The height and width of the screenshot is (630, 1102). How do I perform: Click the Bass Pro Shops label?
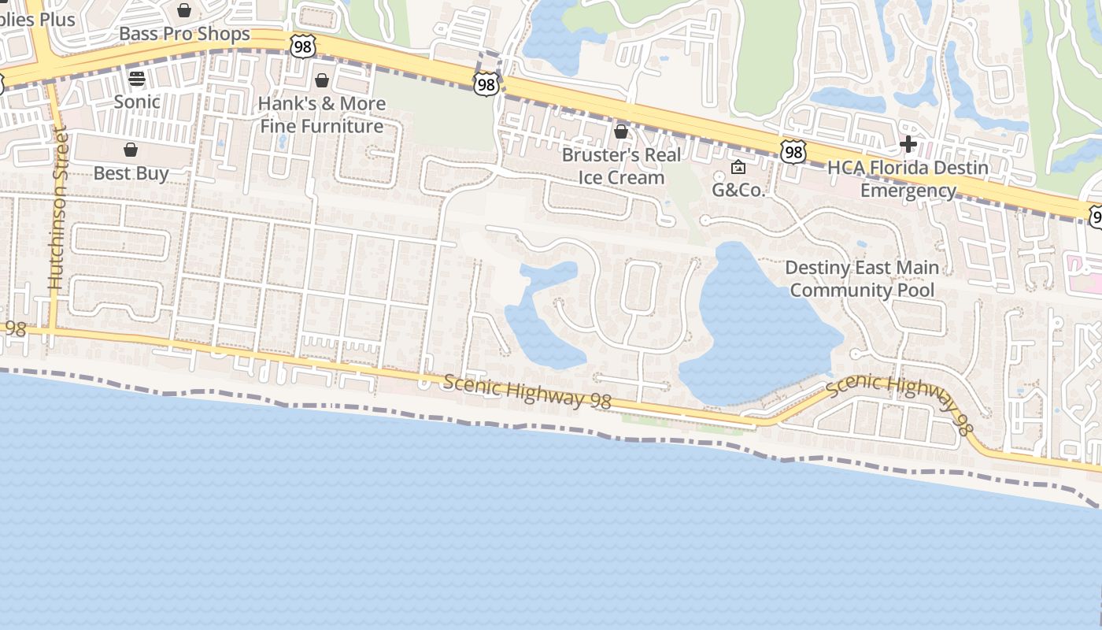pos(184,34)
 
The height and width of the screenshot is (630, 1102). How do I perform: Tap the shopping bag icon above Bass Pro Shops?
pos(184,10)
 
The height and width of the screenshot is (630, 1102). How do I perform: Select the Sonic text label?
pos(137,102)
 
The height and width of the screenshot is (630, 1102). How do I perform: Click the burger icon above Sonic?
pos(137,79)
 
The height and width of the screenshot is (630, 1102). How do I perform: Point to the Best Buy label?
pos(131,172)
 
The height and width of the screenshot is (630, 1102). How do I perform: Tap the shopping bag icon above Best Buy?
pos(131,150)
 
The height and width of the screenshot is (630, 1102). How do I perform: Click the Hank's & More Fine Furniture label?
pos(322,114)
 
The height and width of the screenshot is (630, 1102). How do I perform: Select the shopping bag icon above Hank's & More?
pos(322,80)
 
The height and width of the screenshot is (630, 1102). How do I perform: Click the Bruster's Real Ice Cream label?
pos(621,166)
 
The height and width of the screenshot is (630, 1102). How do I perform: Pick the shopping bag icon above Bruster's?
pos(621,132)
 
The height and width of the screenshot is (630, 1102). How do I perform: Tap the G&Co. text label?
pos(738,190)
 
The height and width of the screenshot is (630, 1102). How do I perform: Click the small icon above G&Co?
pos(738,167)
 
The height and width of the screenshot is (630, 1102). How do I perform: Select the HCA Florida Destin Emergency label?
pos(908,179)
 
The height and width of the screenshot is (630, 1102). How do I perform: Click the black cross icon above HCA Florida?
pos(908,144)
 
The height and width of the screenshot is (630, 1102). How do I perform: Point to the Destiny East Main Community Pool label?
pos(862,279)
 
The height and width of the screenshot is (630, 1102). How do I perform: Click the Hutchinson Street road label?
pos(57,209)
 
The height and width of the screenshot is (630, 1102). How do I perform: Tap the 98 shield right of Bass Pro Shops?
pos(302,46)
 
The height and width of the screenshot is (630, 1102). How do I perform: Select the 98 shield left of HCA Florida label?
pos(793,152)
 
